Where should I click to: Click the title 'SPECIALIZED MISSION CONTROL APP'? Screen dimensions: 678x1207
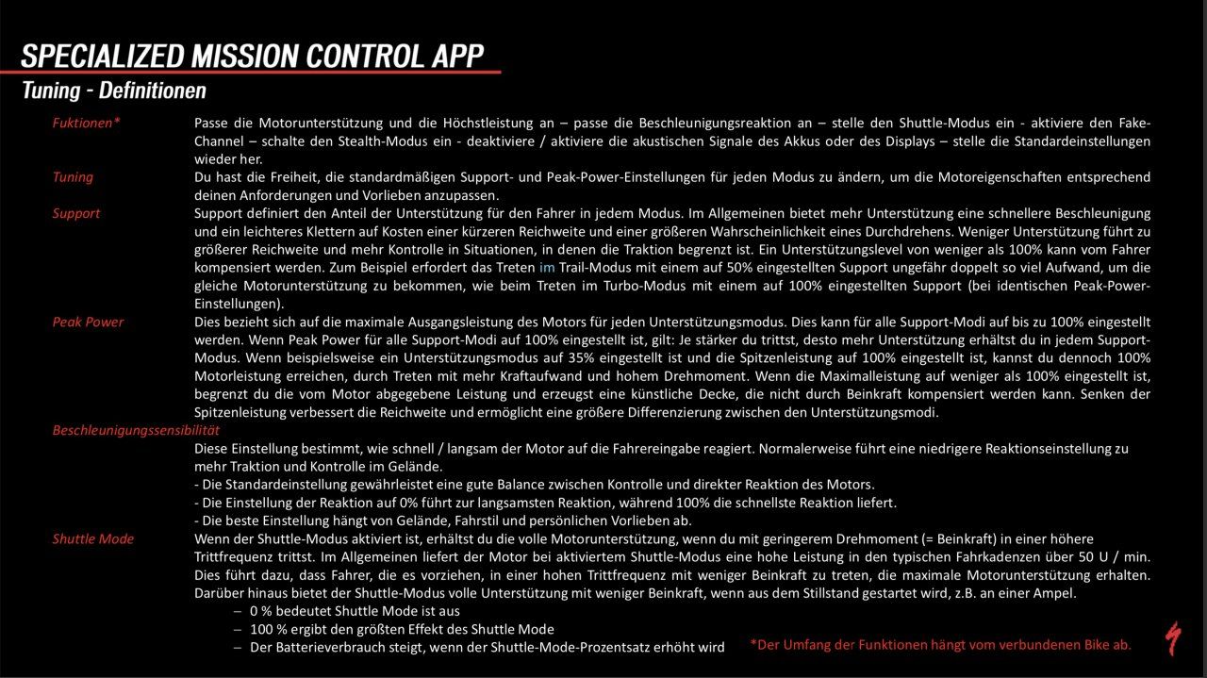[253, 55]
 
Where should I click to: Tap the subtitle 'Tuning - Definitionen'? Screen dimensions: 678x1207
[114, 91]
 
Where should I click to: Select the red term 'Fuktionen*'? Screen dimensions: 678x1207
[86, 123]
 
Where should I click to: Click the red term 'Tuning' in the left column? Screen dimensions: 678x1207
[73, 177]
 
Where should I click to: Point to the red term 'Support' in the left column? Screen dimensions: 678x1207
[75, 213]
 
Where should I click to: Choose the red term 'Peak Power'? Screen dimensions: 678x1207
[88, 322]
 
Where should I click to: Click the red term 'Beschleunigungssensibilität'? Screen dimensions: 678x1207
[136, 430]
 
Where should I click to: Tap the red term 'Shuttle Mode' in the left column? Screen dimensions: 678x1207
[92, 538]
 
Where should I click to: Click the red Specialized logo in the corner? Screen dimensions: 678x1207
[1172, 638]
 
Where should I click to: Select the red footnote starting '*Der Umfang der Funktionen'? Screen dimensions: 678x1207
[940, 645]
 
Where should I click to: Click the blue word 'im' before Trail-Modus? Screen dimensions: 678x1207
[547, 268]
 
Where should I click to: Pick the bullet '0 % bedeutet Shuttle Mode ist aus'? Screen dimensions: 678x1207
[355, 611]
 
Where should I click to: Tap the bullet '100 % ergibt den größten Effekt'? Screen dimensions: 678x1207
[401, 629]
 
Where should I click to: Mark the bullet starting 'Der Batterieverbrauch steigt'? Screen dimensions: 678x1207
[487, 647]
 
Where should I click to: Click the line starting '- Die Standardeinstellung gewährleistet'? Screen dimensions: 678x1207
[534, 485]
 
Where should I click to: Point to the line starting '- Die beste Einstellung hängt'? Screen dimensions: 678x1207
[442, 521]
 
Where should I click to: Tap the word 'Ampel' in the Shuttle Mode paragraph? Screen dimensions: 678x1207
[1057, 593]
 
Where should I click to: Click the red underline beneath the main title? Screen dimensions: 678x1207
[250, 73]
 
